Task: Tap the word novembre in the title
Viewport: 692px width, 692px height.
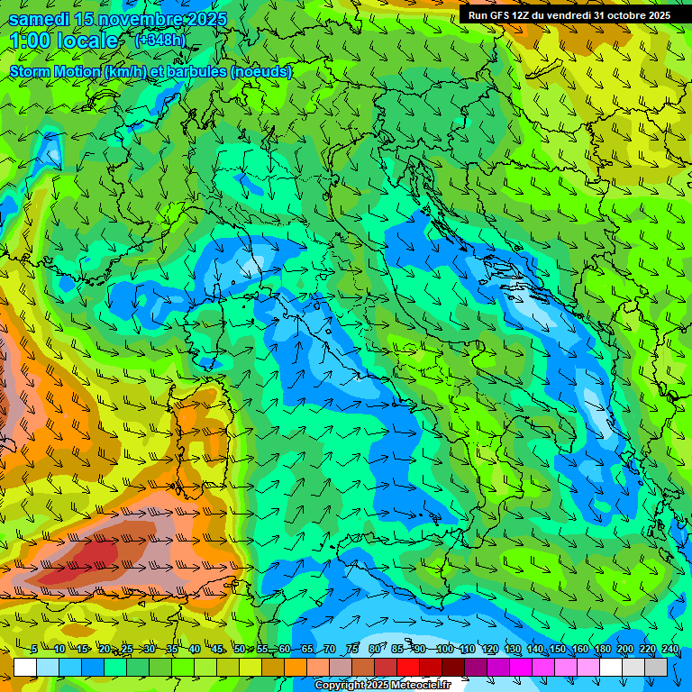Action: [x=134, y=19]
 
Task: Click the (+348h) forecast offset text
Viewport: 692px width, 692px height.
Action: [x=161, y=41]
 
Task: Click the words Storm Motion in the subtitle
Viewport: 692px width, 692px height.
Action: [x=54, y=71]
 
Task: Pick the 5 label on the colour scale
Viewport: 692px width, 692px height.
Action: [x=34, y=649]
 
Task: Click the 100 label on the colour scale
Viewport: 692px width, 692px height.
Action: [x=444, y=649]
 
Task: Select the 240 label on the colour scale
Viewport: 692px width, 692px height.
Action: [x=669, y=649]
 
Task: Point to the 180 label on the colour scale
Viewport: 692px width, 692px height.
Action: [x=602, y=649]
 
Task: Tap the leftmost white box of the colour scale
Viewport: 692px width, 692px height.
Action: [x=25, y=667]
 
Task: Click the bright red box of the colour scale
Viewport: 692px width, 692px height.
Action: [x=408, y=667]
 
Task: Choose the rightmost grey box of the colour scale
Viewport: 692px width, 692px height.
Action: [x=656, y=667]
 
